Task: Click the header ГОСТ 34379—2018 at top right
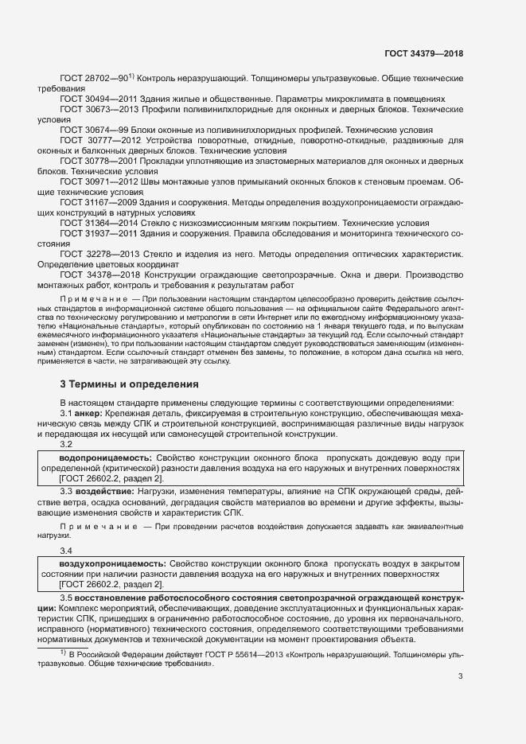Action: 423,53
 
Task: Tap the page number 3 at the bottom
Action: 460,676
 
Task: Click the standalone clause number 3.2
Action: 66,445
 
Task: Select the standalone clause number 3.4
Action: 66,550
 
